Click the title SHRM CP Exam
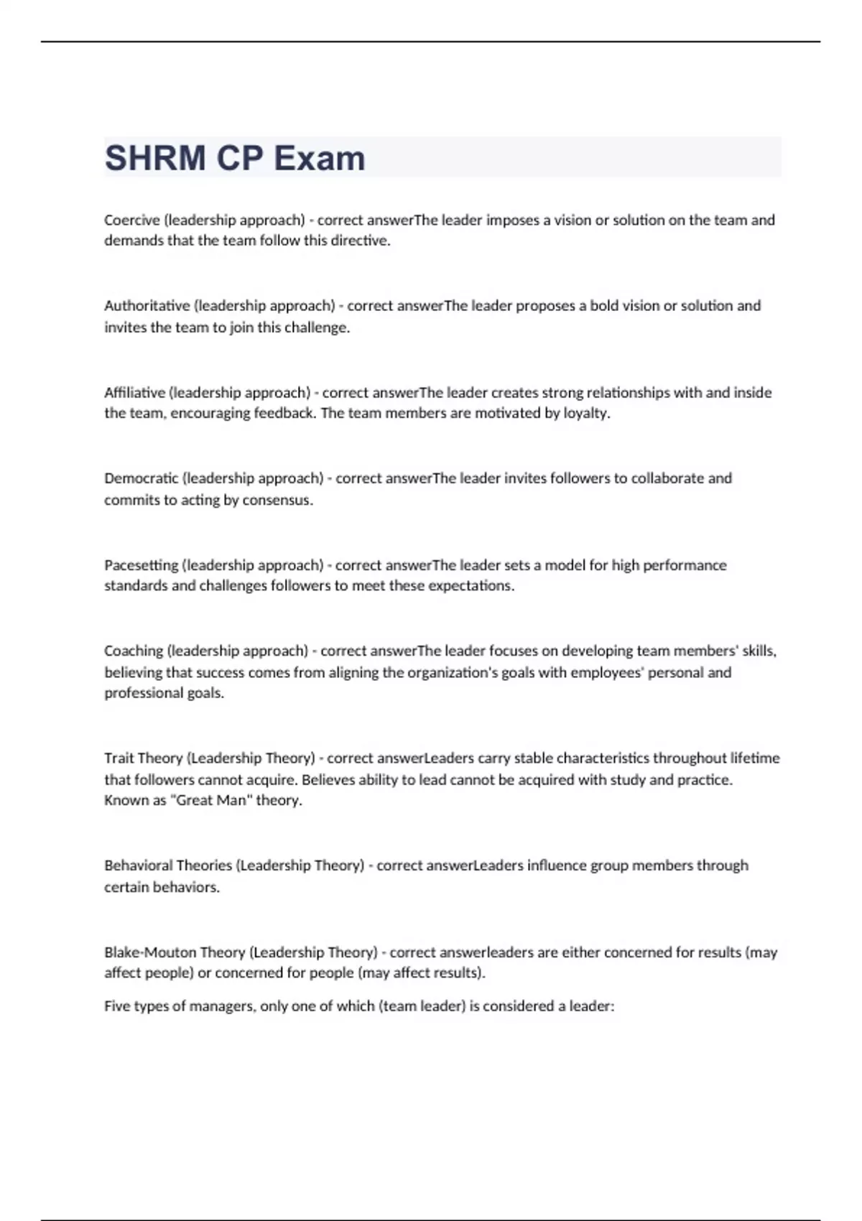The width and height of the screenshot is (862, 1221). pos(235,158)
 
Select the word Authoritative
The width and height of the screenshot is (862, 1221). pos(147,305)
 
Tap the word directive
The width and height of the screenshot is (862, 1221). pos(360,241)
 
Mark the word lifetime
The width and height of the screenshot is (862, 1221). pos(755,758)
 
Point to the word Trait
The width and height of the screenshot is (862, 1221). pos(119,758)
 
